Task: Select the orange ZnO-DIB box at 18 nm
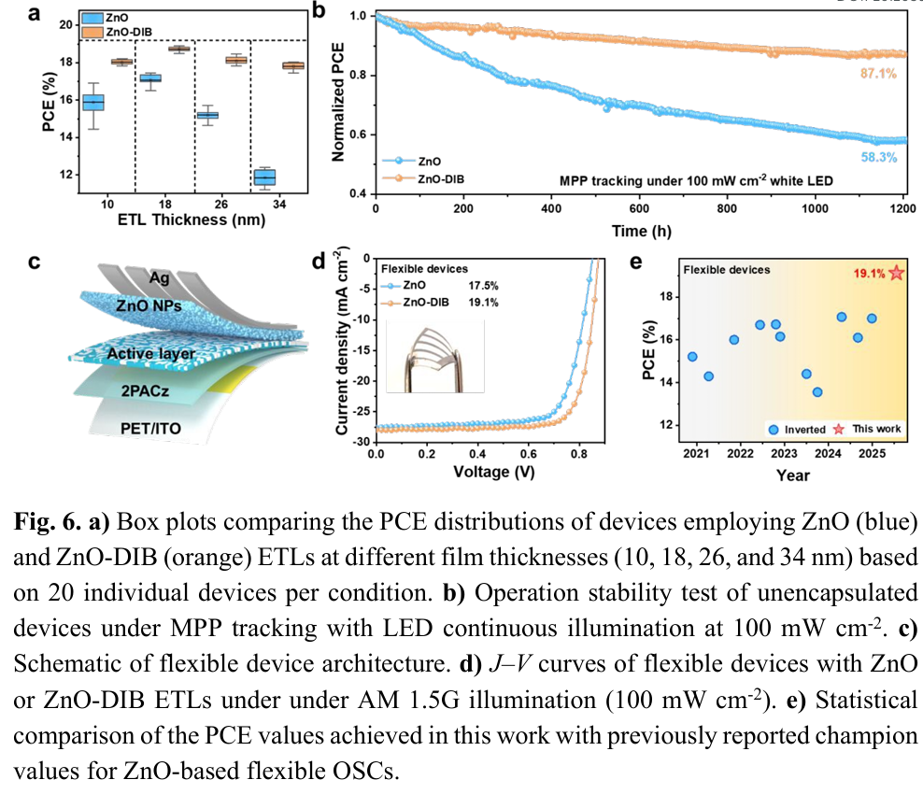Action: pos(178,49)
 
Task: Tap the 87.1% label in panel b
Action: pos(876,72)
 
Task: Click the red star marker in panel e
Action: pos(897,273)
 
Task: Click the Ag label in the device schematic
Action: pos(163,278)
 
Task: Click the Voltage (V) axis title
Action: pos(493,472)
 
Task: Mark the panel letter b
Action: pos(318,12)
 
